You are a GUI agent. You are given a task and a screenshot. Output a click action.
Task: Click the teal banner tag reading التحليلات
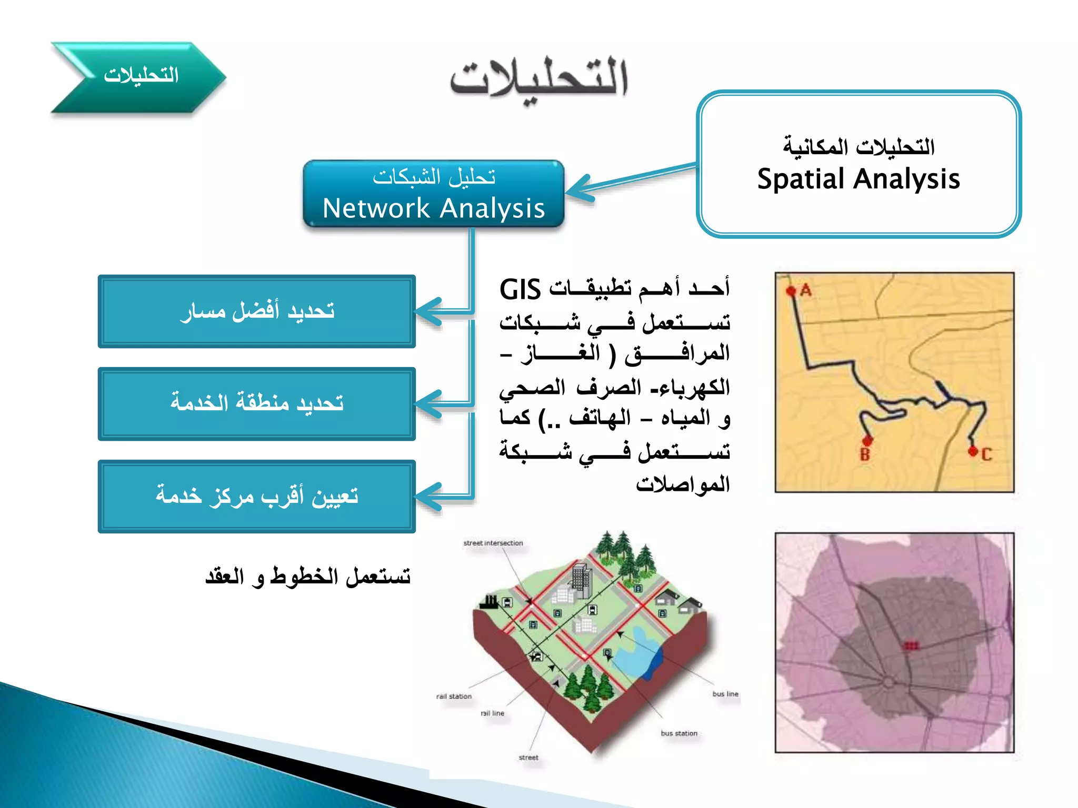click(x=140, y=76)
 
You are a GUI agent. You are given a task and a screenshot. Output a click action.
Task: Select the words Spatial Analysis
click(x=859, y=179)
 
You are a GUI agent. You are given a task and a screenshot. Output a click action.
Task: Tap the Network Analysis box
click(x=434, y=194)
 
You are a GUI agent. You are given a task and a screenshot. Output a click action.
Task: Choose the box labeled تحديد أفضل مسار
click(x=257, y=311)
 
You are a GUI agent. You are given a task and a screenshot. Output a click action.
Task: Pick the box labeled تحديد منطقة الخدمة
click(x=257, y=403)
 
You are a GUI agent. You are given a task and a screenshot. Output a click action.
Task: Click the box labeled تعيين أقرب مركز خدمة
click(x=257, y=496)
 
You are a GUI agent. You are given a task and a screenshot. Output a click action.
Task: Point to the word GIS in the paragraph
click(x=520, y=290)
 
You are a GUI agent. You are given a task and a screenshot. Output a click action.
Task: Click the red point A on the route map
click(x=791, y=291)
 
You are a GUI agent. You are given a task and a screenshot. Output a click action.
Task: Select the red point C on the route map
click(x=973, y=451)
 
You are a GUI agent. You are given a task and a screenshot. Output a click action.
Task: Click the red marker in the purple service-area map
click(x=911, y=645)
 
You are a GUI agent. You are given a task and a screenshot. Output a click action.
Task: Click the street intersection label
click(x=493, y=543)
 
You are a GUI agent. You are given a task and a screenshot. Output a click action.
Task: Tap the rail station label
click(x=454, y=696)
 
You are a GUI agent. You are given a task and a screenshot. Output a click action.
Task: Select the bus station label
click(x=679, y=733)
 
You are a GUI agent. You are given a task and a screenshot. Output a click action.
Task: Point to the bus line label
click(x=725, y=694)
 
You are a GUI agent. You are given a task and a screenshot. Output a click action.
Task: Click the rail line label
click(x=493, y=713)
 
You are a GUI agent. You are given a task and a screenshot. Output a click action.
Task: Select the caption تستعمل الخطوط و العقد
click(x=308, y=577)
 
